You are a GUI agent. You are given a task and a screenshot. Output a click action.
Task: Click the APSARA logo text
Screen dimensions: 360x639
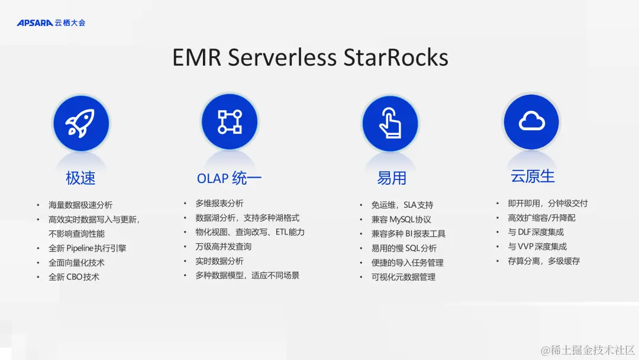coord(35,23)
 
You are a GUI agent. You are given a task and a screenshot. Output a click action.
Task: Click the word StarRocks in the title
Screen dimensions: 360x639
coord(393,57)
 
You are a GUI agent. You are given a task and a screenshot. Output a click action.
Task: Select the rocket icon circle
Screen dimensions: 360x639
coord(81,123)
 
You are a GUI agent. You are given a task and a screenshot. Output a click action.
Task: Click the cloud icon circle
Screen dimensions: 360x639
coord(531,121)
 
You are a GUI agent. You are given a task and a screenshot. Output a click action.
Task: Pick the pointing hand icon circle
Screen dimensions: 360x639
coord(390,123)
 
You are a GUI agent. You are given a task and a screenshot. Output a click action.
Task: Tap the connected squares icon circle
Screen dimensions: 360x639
coord(230,121)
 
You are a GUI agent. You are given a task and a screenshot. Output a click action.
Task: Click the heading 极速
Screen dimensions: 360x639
coord(80,178)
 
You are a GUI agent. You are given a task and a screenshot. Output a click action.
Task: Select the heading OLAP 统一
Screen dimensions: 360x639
coord(229,178)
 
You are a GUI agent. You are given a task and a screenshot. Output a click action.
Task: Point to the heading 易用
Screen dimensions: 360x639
coord(391,178)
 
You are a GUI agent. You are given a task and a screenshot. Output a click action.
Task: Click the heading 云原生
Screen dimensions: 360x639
coord(532,176)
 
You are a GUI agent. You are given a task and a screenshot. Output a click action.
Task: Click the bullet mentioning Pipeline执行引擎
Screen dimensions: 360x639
coord(87,248)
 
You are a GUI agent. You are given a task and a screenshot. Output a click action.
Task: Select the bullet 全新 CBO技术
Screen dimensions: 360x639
coord(73,277)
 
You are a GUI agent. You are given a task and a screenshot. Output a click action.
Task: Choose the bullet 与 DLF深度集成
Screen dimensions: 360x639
coord(535,232)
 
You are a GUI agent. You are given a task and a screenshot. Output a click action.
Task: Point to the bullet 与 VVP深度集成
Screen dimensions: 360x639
coord(537,246)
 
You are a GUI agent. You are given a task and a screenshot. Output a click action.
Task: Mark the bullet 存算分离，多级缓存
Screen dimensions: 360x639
coord(543,261)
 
